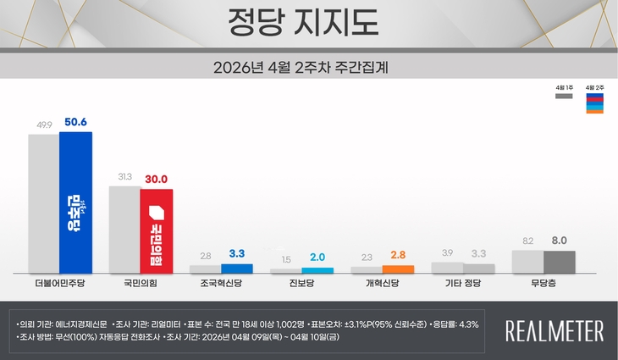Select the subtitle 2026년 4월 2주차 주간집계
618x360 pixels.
point(308,65)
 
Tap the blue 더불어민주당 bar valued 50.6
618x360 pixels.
point(75,202)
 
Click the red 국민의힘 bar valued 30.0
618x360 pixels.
point(157,230)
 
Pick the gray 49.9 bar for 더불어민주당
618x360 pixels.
point(43,203)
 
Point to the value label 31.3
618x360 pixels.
point(124,177)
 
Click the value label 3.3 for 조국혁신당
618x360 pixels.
point(236,253)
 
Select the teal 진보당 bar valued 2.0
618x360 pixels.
point(317,270)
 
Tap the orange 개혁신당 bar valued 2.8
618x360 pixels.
point(398,269)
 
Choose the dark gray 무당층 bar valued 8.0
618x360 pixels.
point(560,262)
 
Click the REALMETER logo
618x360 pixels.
point(555,330)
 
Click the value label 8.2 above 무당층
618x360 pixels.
point(527,241)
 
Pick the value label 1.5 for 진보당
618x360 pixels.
point(285,258)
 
